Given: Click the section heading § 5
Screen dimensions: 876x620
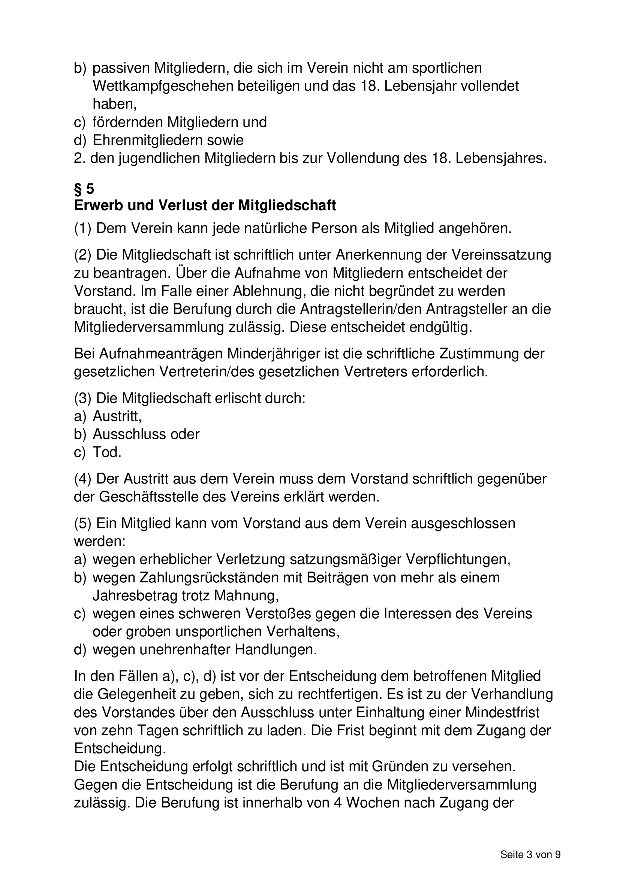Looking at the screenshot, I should coord(84,189).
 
